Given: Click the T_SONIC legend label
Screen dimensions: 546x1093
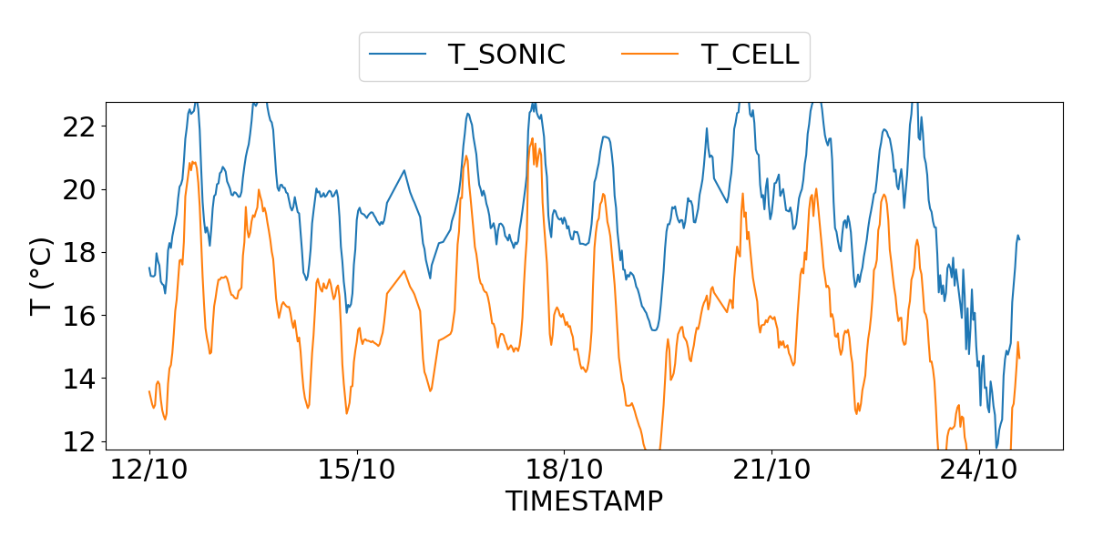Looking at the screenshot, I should tap(506, 55).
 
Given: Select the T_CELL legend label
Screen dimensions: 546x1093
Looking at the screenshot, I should tap(750, 55).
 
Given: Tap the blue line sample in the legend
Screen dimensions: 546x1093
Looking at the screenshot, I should tap(398, 55).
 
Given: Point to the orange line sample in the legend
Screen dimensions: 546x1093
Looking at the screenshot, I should tap(650, 55).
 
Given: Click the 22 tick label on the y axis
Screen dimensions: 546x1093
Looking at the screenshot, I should tap(78, 126).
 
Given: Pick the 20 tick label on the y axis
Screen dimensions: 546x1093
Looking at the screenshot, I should tap(78, 189).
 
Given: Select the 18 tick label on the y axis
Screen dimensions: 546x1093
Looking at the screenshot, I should tap(78, 252).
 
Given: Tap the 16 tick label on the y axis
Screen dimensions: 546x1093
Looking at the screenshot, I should tap(78, 315).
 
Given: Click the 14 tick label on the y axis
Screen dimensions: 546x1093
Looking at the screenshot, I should tap(78, 378).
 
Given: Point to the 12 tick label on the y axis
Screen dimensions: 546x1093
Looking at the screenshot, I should tap(78, 440).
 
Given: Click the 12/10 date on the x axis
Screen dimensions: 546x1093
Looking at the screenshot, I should tap(149, 472).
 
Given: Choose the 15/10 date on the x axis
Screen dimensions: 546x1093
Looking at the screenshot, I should tap(357, 472).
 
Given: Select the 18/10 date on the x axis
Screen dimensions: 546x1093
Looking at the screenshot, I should tap(565, 472).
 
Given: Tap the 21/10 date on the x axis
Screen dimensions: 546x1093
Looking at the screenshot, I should tap(772, 472).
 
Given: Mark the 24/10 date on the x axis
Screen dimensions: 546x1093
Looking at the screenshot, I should tap(980, 472).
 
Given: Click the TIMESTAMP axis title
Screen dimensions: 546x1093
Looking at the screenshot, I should tap(584, 501).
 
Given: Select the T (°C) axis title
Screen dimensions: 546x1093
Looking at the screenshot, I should tap(42, 276).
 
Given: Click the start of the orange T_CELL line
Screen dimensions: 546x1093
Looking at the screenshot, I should tap(149, 391).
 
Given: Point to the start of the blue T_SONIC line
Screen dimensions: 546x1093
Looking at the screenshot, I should tap(149, 268).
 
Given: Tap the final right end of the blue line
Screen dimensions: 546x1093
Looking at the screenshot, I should tap(1019, 239).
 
